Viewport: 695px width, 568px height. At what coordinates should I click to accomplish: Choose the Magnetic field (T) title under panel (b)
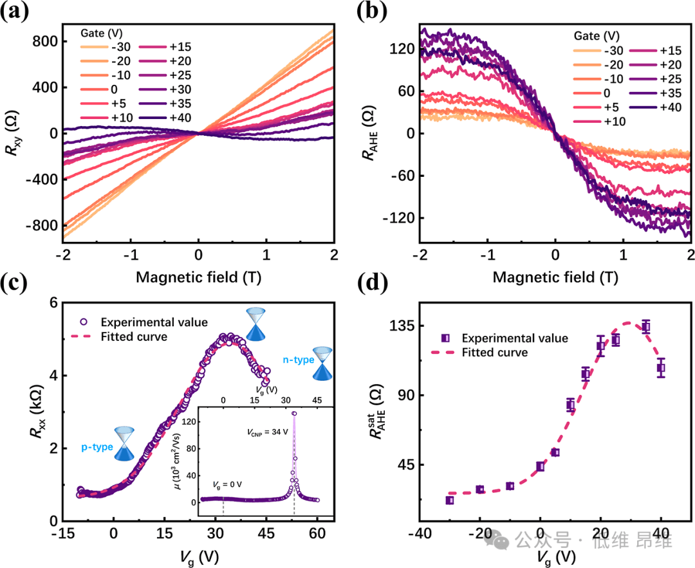pos(554,278)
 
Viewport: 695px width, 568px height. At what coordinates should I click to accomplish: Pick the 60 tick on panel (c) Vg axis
pos(317,533)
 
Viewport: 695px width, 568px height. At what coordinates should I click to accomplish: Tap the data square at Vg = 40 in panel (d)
pos(660,368)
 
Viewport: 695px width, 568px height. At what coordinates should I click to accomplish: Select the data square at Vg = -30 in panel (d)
pos(450,500)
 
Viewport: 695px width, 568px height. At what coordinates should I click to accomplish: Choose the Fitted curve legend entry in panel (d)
pos(495,353)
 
